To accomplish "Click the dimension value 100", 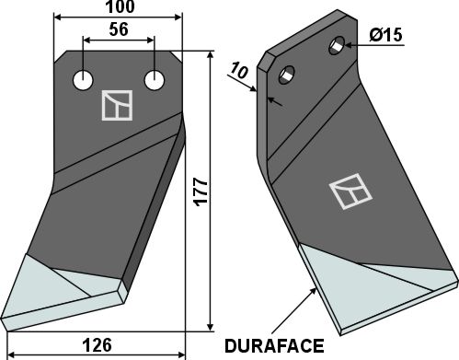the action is (x=120, y=6).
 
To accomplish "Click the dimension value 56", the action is (x=119, y=29).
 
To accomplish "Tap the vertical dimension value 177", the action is (x=201, y=192).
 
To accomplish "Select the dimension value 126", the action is (x=98, y=345).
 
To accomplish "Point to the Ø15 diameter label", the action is (x=385, y=35).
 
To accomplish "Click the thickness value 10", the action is (x=239, y=71).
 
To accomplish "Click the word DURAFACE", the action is (x=274, y=346).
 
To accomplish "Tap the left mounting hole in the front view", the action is (x=83, y=80).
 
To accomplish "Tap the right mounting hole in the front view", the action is (x=155, y=80).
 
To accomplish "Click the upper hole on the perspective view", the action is (x=337, y=46).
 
